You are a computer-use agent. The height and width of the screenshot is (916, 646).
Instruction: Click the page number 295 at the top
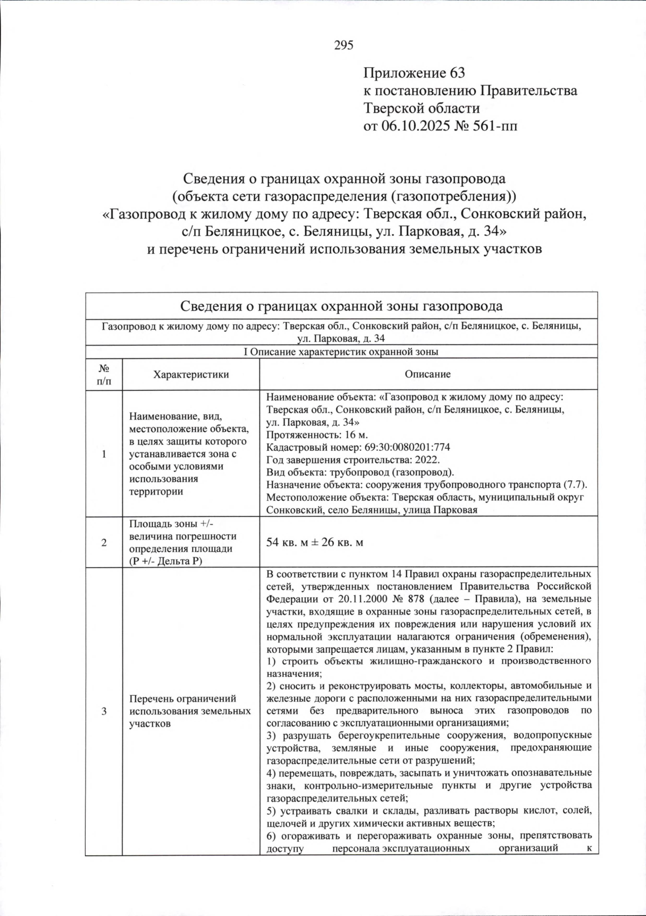point(343,45)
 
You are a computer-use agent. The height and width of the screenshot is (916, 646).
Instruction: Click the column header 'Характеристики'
point(191,374)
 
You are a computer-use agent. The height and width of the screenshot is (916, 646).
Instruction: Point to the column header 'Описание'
point(428,374)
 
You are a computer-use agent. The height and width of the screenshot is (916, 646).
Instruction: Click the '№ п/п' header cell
point(103,374)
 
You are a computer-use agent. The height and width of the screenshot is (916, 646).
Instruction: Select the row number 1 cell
point(103,454)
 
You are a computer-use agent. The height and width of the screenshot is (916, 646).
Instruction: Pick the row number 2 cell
point(103,542)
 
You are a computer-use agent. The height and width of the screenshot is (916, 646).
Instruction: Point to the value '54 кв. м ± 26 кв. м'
point(314,542)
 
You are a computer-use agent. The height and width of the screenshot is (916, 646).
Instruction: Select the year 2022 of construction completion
point(428,459)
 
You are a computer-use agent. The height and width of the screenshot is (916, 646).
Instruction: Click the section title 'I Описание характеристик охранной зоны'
point(341,352)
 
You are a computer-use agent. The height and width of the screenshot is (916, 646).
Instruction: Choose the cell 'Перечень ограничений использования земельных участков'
point(190,711)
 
